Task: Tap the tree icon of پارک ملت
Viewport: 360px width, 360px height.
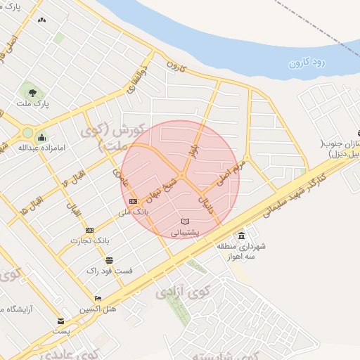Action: click(x=30, y=91)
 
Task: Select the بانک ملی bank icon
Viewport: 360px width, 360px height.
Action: click(x=134, y=202)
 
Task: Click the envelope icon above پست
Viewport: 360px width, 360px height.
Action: click(x=60, y=321)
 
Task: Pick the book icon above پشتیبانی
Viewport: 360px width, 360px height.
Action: click(x=186, y=222)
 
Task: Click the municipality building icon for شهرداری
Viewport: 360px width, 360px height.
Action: click(x=242, y=236)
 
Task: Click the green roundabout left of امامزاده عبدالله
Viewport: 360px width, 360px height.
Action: click(x=27, y=132)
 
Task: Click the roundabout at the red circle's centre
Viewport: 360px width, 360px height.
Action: click(x=181, y=175)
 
